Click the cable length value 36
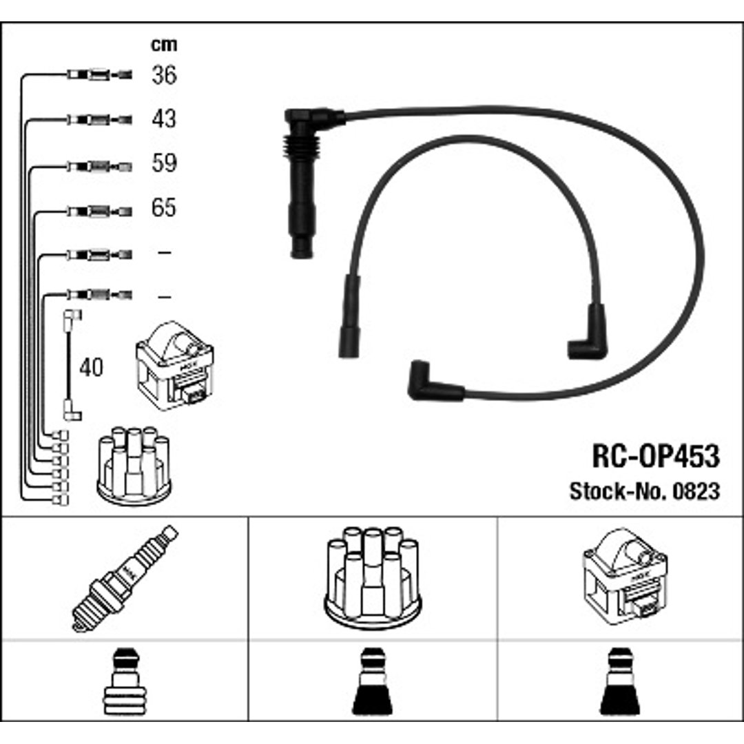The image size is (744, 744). coord(164,74)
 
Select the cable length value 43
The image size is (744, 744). coord(164,118)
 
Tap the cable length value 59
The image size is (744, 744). coord(164,163)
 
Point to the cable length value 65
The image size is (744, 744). coord(164,207)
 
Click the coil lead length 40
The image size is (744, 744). coord(91,367)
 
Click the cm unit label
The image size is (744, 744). coord(164,45)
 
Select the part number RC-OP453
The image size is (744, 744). coord(656,456)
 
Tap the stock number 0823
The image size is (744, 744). coord(696,491)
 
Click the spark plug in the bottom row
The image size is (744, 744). coord(125,579)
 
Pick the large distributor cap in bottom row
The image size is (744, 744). coord(373,578)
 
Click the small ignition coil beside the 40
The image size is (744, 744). coord(174,365)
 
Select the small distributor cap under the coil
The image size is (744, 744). coord(134,465)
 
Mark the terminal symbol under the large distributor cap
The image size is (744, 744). coord(373,681)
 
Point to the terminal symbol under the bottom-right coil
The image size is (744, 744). coord(620,681)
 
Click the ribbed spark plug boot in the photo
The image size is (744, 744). coord(301,183)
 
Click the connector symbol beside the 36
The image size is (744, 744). coord(99,74)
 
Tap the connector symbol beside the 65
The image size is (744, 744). coord(99,211)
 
